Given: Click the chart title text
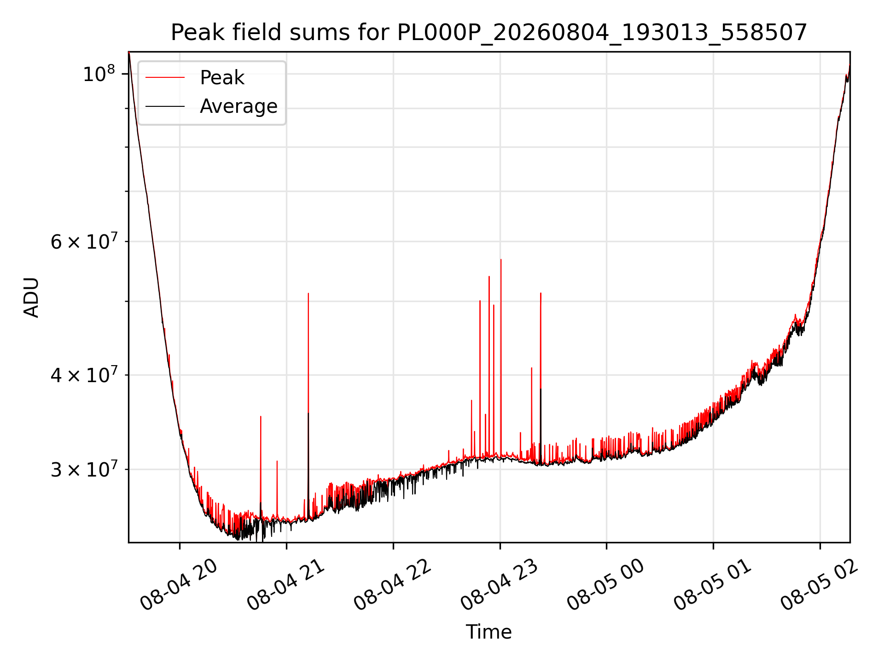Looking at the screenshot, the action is click(489, 33).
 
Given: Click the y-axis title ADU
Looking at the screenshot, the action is click(31, 297).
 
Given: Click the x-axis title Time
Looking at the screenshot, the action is click(489, 632).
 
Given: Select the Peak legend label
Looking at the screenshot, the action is click(222, 77).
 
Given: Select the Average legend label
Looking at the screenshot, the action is click(238, 106).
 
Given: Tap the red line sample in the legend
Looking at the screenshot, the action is click(165, 78).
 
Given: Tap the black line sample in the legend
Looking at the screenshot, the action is click(165, 106).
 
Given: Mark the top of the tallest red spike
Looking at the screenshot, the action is click(501, 260).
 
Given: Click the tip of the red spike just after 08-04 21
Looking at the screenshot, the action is click(308, 293).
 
